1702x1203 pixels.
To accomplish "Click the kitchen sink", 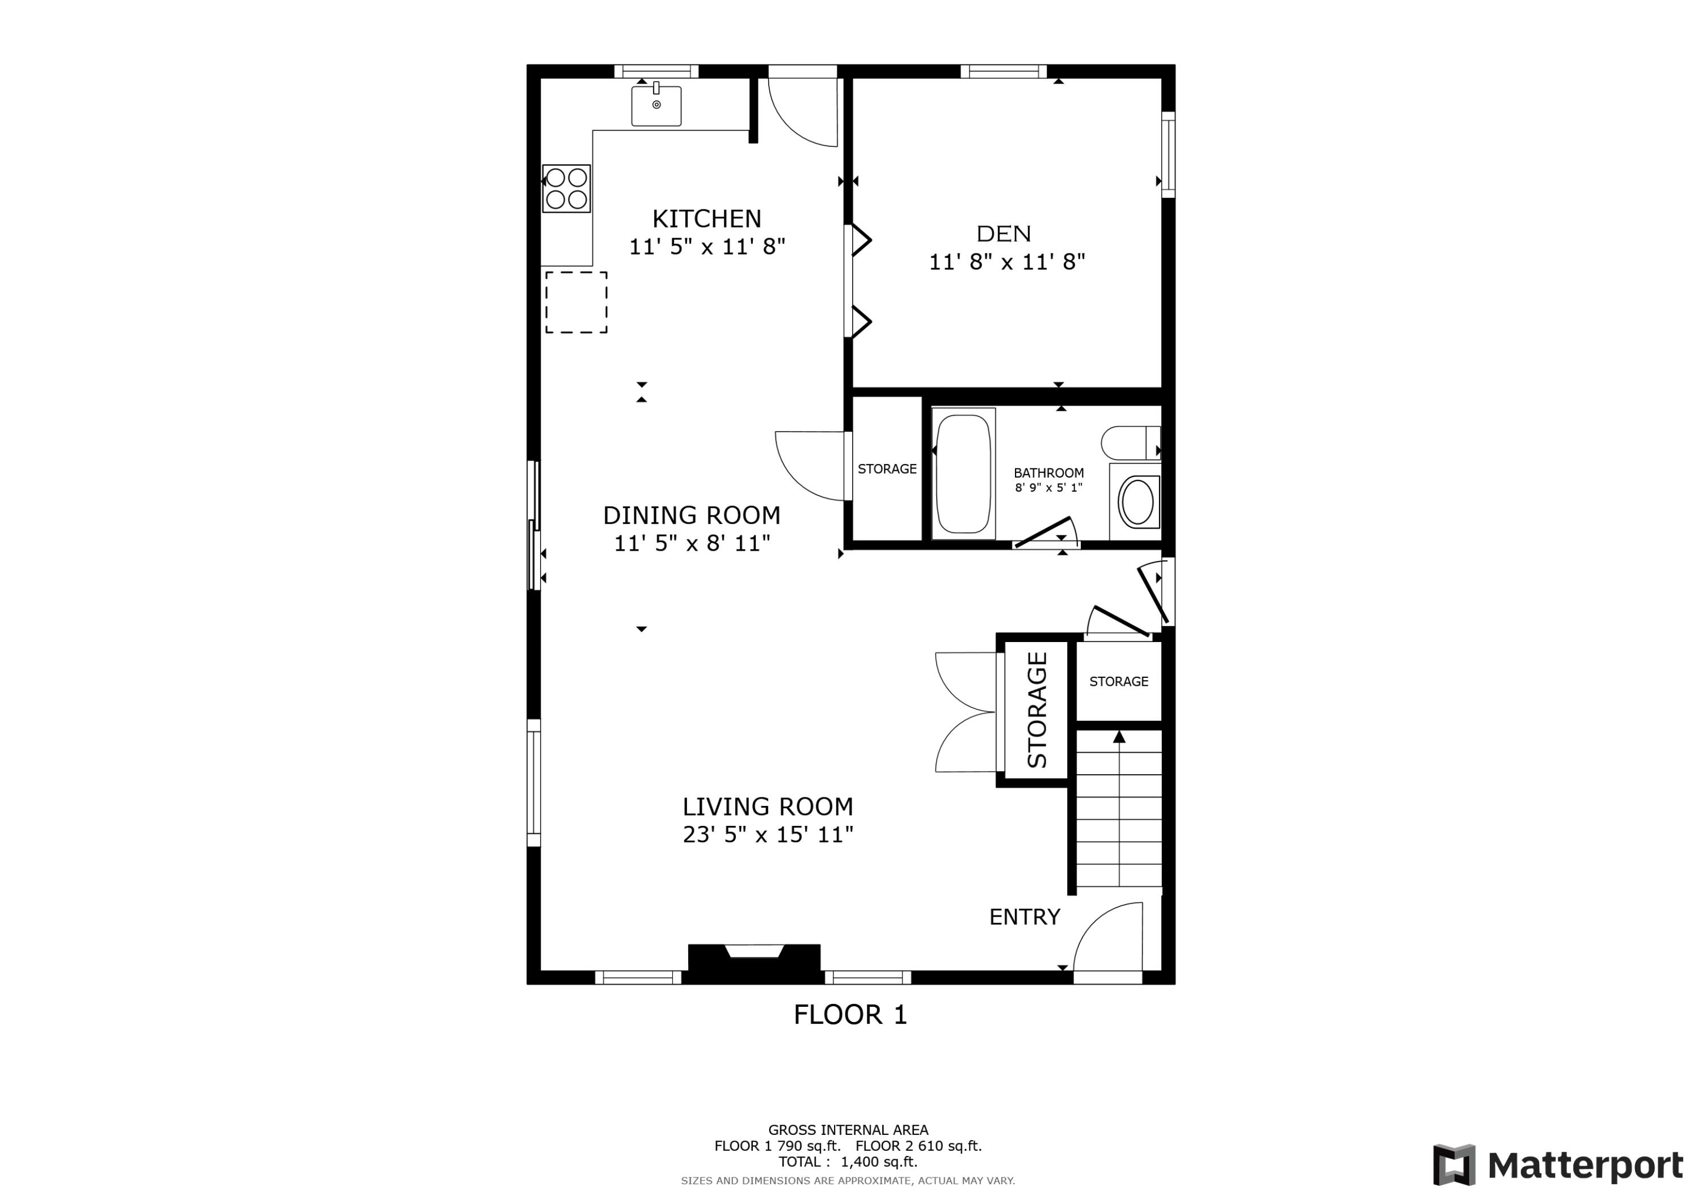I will coord(656,106).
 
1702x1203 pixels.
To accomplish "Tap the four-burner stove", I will coord(566,188).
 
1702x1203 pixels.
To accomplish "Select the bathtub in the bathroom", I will coord(963,474).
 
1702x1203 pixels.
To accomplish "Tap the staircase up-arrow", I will coord(1119,737).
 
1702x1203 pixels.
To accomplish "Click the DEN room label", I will coord(1004,234).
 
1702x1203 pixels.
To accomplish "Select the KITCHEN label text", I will coord(706,219).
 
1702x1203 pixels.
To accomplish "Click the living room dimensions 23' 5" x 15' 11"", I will coord(768,835).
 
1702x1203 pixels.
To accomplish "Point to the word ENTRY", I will coord(1025,917).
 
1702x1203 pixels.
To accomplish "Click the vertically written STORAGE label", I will coord(1037,710).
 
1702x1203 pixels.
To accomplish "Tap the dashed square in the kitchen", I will coord(576,302).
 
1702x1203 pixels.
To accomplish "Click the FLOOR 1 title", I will coord(850,1015).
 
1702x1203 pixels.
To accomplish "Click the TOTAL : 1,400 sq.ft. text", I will coord(848,1162).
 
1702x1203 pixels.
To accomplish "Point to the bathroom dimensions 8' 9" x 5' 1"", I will coord(1048,488).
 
